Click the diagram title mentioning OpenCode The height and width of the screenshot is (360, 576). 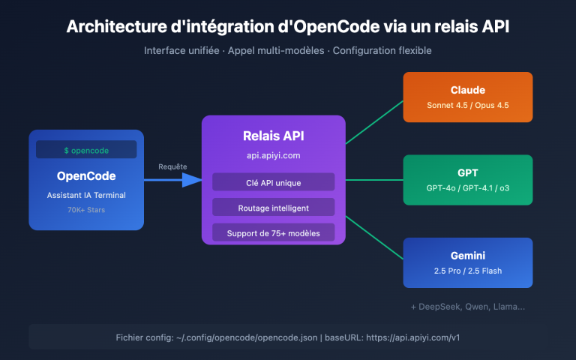coord(288,26)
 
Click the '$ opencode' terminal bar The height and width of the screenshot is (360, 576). coord(86,150)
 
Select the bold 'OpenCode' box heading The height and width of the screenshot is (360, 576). coord(86,176)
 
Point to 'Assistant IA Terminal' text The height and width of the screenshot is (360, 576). coord(86,195)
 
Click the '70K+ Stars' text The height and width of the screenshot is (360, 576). coord(86,211)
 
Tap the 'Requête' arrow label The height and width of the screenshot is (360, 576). coord(172,166)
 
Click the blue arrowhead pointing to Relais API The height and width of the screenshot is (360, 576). coord(193,180)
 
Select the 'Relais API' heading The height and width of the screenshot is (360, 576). coord(273,136)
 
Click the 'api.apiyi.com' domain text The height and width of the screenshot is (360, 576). coord(273,157)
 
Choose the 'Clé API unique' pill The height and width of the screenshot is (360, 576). coord(273,182)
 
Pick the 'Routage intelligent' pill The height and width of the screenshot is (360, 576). coord(273,208)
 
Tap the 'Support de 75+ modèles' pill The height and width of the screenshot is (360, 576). coord(273,233)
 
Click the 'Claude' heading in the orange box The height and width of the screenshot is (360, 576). coord(467,90)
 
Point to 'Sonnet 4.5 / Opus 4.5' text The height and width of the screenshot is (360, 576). coord(467,106)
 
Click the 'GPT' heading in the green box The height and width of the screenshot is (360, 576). coord(467,172)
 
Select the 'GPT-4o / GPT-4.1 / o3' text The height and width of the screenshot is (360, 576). coord(467,188)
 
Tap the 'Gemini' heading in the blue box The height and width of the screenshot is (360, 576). coord(467,255)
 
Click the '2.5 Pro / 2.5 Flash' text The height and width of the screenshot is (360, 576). coord(467,271)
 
